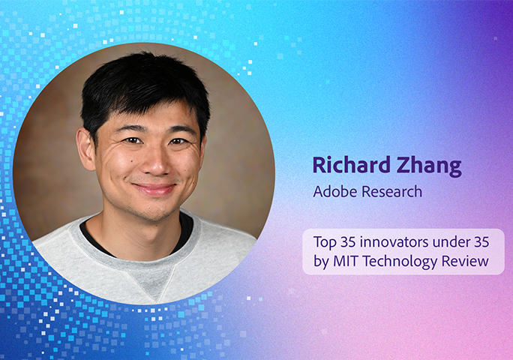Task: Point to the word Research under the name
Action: [x=391, y=192]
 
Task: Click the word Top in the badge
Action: [x=325, y=242]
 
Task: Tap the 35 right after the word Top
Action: [x=350, y=242]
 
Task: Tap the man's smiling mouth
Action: [x=154, y=189]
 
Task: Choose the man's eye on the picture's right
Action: [x=178, y=141]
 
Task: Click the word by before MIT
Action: [x=320, y=261]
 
